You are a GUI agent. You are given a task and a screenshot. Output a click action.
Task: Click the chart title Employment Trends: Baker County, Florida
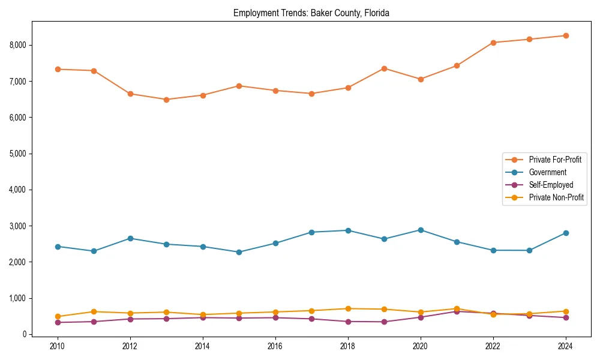[311, 13]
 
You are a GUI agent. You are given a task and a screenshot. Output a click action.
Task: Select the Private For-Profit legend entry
[555, 160]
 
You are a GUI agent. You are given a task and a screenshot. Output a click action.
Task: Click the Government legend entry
[547, 172]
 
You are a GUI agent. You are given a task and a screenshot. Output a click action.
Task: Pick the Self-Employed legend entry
[551, 185]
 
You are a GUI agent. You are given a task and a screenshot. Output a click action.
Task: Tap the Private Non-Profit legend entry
[556, 197]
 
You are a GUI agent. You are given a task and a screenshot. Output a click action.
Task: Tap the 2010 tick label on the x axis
[58, 346]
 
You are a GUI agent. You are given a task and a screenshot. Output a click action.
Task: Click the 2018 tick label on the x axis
[348, 346]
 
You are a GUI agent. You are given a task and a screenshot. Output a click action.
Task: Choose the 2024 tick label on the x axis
[565, 346]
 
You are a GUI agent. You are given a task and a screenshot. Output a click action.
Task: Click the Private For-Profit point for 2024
[565, 35]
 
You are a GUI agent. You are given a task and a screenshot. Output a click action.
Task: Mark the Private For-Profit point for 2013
[166, 100]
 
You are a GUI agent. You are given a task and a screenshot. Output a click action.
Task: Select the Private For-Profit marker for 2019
[384, 68]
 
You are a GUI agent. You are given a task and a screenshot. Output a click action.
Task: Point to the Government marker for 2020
[421, 230]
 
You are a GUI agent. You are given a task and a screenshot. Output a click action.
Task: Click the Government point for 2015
[239, 252]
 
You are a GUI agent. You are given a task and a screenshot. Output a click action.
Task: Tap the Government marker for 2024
[565, 233]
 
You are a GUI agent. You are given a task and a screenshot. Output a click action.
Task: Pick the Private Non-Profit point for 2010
[58, 316]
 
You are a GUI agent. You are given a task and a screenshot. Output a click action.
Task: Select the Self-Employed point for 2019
[384, 322]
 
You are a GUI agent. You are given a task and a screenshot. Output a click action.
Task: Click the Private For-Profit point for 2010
[58, 69]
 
